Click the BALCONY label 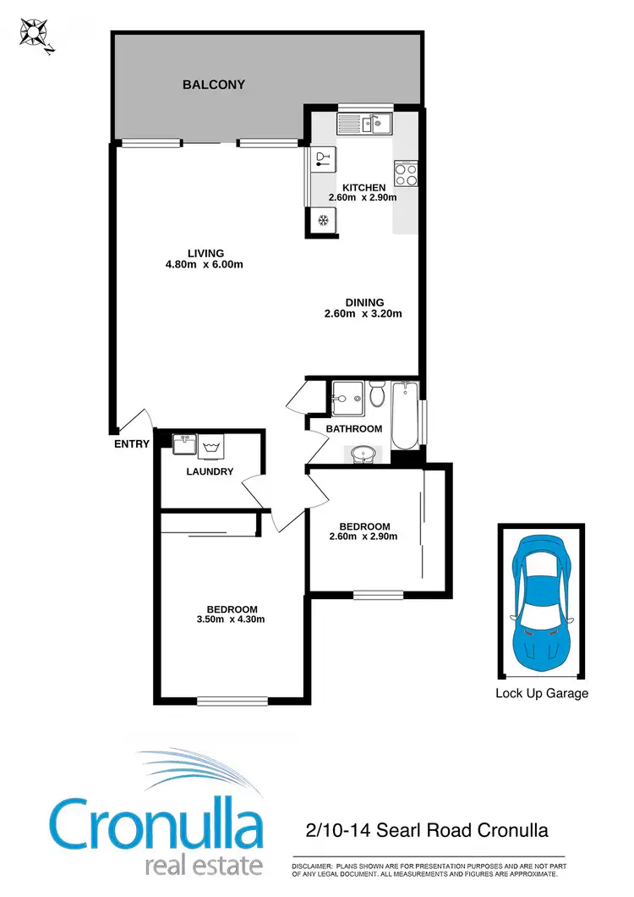(x=214, y=85)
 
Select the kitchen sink (x=377, y=124)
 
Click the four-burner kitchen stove (x=406, y=174)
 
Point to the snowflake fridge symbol (x=322, y=221)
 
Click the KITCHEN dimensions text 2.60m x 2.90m (x=363, y=198)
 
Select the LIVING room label (x=206, y=253)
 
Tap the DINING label (x=364, y=302)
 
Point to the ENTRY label (x=131, y=443)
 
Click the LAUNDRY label (x=210, y=471)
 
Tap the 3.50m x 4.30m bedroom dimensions (x=232, y=619)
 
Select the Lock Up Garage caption (x=542, y=693)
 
